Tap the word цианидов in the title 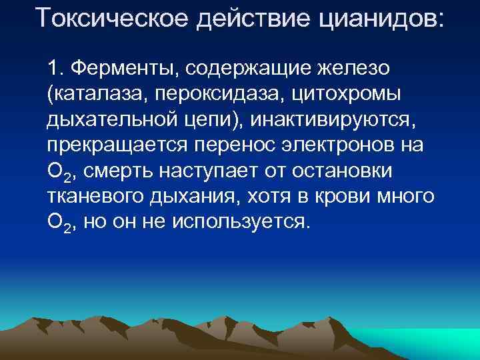pyautogui.click(x=384, y=18)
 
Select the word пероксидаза pyautogui.click(x=220, y=93)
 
